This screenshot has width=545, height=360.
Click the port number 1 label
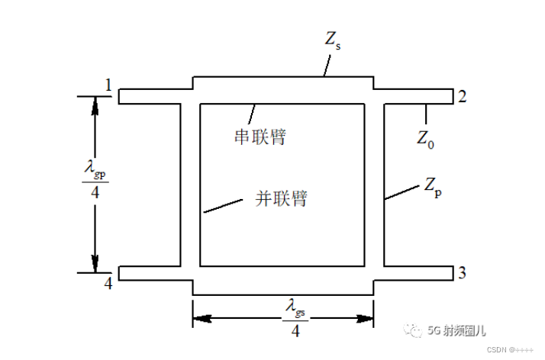pos(108,86)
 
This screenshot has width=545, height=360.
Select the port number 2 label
pos(461,96)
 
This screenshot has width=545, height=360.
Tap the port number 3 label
pos(461,273)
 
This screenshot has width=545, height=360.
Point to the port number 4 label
pos(108,284)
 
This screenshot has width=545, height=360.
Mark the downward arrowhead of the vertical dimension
pos(95,263)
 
